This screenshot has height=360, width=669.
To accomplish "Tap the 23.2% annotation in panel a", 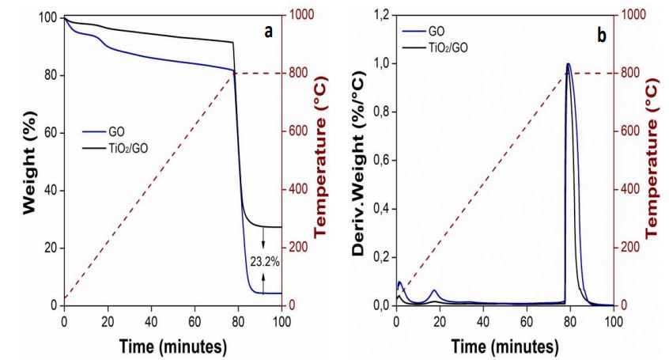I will click(x=263, y=261).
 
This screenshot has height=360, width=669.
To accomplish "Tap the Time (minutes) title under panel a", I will click(x=172, y=347).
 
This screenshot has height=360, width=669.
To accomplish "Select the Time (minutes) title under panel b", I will click(x=505, y=347).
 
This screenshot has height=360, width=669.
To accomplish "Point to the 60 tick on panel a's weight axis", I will click(x=51, y=132).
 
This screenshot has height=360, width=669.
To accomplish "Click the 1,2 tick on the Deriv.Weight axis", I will click(x=380, y=17).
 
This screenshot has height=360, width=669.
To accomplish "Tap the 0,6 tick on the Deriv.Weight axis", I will click(x=380, y=161).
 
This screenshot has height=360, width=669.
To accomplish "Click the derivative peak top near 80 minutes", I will click(x=568, y=64).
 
